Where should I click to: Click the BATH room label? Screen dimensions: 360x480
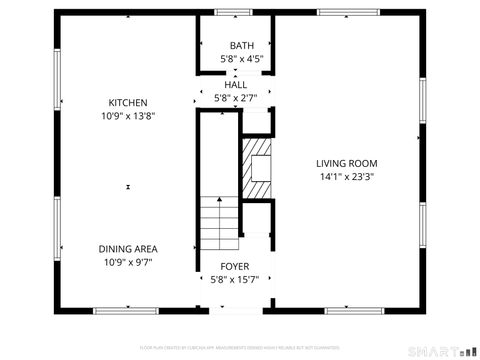pyautogui.click(x=242, y=45)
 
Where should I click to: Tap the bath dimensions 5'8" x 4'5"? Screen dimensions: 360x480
pyautogui.click(x=242, y=59)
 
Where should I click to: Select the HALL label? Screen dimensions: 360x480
pyautogui.click(x=236, y=85)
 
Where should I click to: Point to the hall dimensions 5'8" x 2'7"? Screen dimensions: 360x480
pyautogui.click(x=236, y=98)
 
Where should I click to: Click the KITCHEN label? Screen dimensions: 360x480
pyautogui.click(x=128, y=103)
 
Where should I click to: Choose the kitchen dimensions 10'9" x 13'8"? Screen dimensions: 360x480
pyautogui.click(x=128, y=116)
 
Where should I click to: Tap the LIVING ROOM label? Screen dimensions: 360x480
pyautogui.click(x=347, y=163)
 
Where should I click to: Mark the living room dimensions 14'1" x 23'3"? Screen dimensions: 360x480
pyautogui.click(x=347, y=177)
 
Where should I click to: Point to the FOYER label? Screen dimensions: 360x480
pyautogui.click(x=236, y=267)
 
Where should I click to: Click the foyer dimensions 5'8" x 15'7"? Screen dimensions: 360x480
pyautogui.click(x=236, y=281)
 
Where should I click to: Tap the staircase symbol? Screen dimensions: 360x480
pyautogui.click(x=219, y=224)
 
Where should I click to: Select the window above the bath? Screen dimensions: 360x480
pyautogui.click(x=233, y=12)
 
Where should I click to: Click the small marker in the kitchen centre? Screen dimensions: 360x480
pyautogui.click(x=128, y=186)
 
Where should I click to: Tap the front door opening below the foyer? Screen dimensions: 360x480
pyautogui.click(x=236, y=309)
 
